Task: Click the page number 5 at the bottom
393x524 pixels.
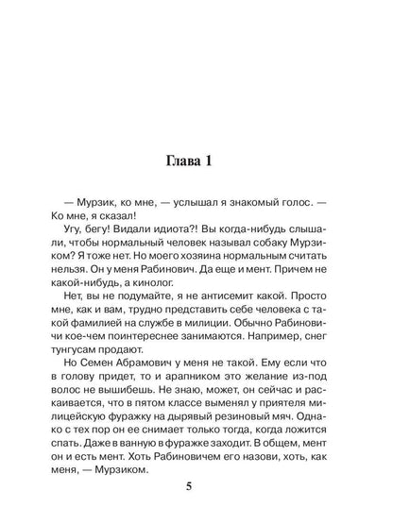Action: (196, 488)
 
